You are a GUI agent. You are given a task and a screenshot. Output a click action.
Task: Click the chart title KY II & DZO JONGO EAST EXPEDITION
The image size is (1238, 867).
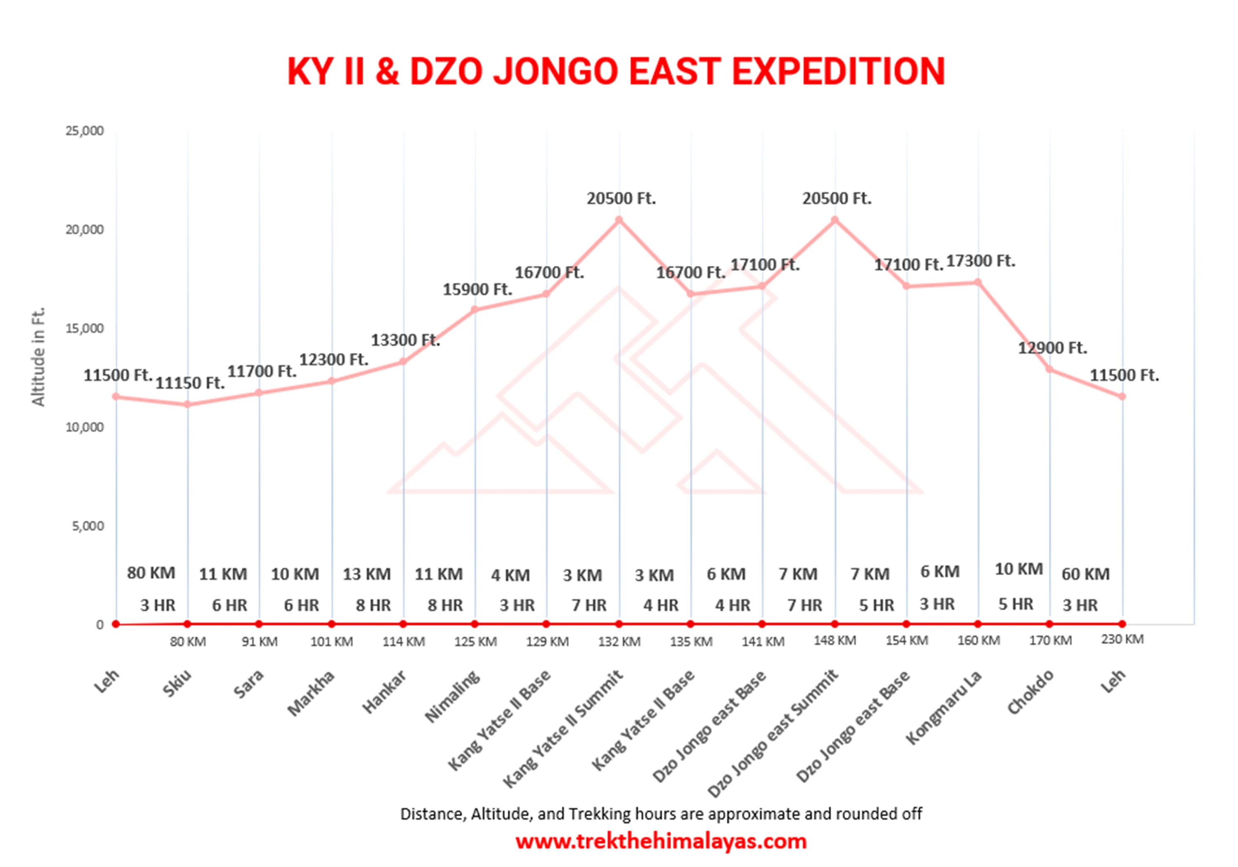[616, 71]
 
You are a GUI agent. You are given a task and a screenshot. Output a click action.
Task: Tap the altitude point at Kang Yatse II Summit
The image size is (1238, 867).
[619, 220]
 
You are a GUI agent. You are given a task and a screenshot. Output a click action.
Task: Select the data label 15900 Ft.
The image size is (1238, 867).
[477, 290]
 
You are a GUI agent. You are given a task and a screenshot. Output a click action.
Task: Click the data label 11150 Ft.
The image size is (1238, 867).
[190, 383]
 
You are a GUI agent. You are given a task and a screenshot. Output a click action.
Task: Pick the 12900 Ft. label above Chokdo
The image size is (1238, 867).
[1052, 348]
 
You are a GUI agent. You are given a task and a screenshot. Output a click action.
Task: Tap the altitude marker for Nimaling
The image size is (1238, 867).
[475, 309]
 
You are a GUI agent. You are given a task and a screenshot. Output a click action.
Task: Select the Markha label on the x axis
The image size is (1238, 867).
[311, 693]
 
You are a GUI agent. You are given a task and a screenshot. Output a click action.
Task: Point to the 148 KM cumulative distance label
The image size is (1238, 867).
[835, 640]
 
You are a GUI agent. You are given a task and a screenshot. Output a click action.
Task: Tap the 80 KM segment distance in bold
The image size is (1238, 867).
[151, 573]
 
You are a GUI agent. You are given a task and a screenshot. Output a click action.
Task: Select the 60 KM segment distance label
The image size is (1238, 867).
[1085, 574]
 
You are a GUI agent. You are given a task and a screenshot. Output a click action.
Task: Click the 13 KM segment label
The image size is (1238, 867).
[367, 574]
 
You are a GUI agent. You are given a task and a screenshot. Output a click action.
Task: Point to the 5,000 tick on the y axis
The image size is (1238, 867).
[87, 526]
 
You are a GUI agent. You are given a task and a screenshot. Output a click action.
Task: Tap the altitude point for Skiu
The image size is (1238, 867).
[187, 404]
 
